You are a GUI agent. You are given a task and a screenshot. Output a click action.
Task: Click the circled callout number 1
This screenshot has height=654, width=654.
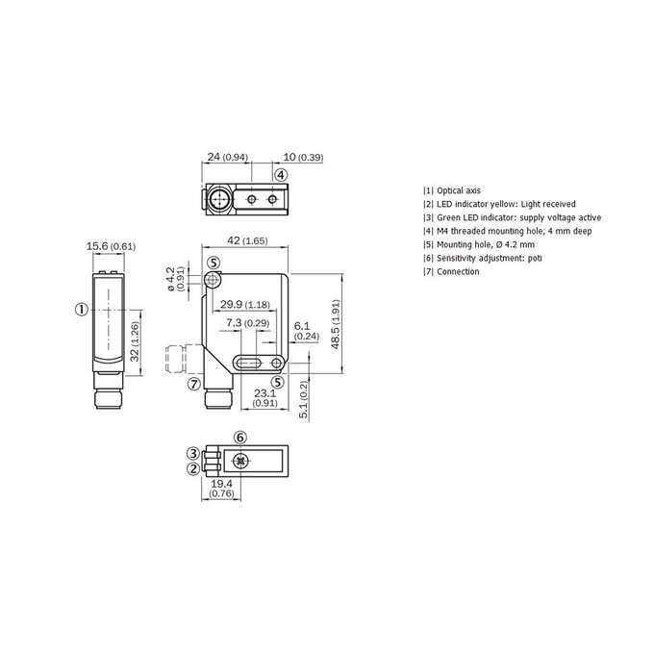coord(82,310)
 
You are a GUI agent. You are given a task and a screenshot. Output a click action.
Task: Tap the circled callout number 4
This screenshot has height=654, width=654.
coord(281,175)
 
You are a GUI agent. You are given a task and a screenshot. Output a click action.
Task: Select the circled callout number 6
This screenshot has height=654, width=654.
coord(240,438)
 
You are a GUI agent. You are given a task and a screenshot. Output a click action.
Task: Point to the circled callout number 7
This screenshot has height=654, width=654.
coord(194,384)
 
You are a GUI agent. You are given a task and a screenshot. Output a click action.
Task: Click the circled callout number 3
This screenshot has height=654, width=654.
coord(193,453)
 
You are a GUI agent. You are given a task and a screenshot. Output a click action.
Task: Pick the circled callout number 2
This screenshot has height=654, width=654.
coord(193,468)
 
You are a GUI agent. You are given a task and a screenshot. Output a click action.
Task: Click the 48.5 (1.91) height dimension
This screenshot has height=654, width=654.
coord(336,324)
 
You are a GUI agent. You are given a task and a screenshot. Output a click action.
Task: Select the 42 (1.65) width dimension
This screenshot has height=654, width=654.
coord(247,240)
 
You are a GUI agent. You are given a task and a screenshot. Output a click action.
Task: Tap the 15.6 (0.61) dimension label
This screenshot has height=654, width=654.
coord(111,246)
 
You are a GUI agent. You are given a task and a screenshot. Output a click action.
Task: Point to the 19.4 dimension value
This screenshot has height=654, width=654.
coord(221,484)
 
